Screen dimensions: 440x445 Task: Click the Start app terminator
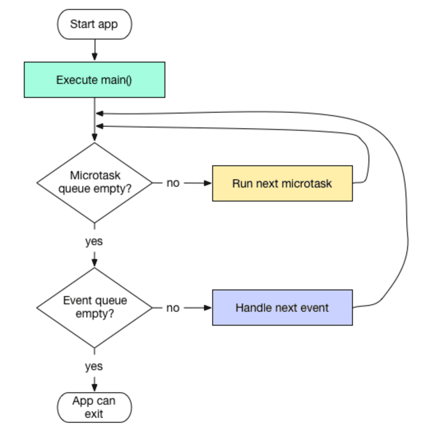(x=94, y=24)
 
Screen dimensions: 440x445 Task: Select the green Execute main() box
(x=94, y=80)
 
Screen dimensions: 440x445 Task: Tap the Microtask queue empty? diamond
(x=94, y=183)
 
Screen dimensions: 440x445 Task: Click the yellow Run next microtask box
(x=282, y=183)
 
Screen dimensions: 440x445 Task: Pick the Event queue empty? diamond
(x=94, y=308)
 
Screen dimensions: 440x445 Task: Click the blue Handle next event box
(x=282, y=308)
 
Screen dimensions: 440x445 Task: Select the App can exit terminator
(x=94, y=407)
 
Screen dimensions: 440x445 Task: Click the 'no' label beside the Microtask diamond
(x=173, y=183)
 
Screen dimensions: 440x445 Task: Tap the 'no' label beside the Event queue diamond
(x=173, y=308)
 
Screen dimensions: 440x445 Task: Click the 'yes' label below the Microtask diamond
(x=94, y=241)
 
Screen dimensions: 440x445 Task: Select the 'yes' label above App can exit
(x=94, y=366)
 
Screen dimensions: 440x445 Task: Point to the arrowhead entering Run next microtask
(x=208, y=183)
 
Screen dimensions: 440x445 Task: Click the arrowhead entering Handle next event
(x=208, y=308)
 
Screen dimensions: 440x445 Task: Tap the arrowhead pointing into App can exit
(x=95, y=387)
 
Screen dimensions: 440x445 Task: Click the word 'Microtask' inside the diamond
(x=95, y=176)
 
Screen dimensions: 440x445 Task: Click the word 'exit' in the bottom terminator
(x=94, y=414)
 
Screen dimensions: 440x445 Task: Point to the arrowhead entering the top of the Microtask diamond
(x=95, y=138)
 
